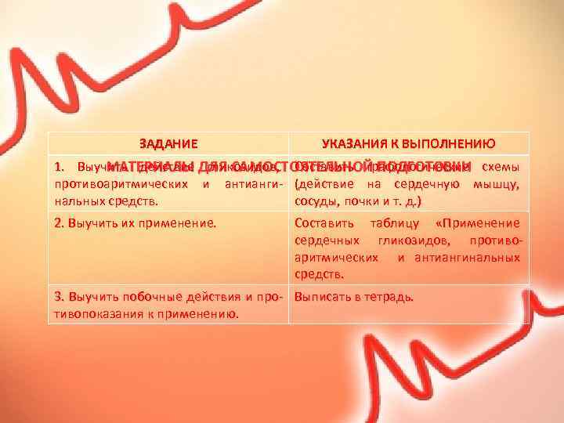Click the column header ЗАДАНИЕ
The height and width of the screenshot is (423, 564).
click(168, 143)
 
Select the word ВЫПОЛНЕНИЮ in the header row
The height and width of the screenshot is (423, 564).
click(447, 143)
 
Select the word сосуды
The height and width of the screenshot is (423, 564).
click(316, 202)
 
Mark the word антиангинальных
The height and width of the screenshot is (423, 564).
click(474, 257)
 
